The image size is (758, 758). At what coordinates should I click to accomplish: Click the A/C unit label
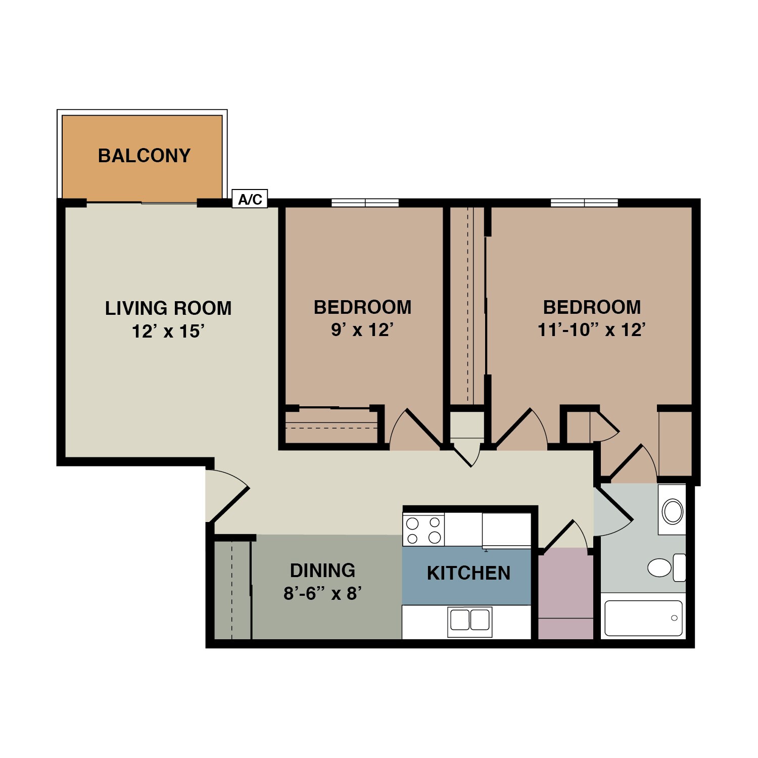(x=250, y=199)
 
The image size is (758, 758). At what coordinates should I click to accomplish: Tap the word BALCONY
(x=144, y=156)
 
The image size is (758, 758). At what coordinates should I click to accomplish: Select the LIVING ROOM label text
(x=168, y=308)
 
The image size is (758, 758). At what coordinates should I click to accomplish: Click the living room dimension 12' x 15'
(x=168, y=331)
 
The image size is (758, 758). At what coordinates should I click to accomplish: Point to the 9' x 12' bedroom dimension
(x=362, y=330)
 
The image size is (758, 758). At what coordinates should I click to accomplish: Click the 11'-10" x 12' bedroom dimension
(x=592, y=330)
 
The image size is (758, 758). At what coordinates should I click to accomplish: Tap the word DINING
(x=322, y=571)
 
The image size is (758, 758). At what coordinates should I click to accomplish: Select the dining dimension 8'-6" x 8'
(x=322, y=593)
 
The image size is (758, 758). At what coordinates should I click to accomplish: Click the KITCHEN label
(x=468, y=574)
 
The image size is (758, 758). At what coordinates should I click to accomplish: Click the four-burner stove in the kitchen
(x=423, y=530)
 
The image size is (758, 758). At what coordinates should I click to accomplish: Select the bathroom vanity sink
(x=673, y=511)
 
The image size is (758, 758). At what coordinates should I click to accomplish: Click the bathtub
(x=643, y=618)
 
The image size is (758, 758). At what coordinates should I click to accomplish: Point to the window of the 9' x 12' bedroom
(x=365, y=203)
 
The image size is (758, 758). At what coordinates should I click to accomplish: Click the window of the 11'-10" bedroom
(x=584, y=203)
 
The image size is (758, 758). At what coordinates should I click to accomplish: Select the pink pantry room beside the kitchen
(x=565, y=596)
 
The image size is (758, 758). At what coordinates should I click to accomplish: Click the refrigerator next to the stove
(x=506, y=530)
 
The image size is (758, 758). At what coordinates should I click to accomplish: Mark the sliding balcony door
(x=141, y=203)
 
